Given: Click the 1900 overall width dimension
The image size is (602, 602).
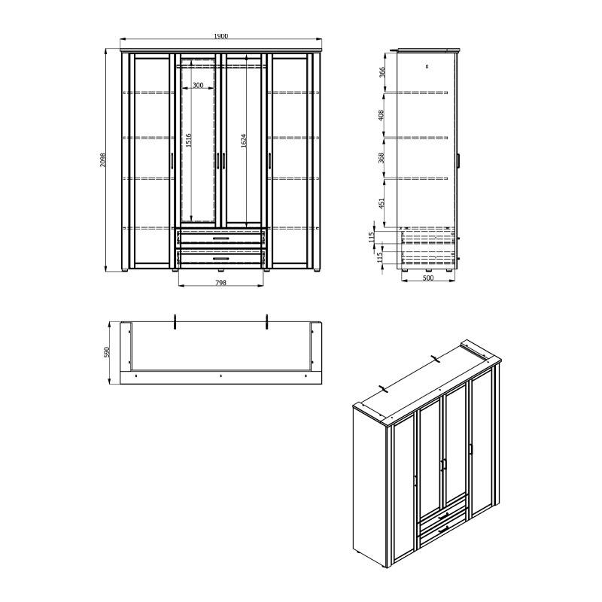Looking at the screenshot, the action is (221, 36).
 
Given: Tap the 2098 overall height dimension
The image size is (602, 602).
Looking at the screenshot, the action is (102, 160).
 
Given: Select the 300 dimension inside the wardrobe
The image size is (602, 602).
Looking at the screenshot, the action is (198, 85).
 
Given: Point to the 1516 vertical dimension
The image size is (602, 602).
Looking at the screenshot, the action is (189, 141).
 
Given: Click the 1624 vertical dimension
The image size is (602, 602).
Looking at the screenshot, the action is (243, 141).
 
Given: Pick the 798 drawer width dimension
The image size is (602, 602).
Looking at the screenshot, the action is (220, 283).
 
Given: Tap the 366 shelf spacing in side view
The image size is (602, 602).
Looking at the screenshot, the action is (382, 72).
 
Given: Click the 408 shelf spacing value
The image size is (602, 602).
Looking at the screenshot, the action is (382, 115).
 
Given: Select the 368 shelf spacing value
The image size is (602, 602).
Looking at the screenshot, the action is (382, 158).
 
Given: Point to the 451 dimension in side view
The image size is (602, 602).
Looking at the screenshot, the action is (382, 203).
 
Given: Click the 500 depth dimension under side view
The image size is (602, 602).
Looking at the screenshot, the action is (427, 278).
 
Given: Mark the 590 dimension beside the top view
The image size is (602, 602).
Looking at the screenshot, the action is (107, 352).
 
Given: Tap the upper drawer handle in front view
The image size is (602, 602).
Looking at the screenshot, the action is (220, 239).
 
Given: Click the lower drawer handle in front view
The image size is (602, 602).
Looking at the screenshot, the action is (220, 259).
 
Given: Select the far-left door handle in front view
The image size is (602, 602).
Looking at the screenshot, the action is (172, 161).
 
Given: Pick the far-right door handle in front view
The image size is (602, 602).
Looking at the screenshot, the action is (269, 161).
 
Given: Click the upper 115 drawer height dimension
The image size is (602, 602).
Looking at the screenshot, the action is (371, 237).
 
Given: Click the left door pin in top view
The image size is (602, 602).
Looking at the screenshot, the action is (175, 322).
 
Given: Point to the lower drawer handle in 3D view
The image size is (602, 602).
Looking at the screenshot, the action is (444, 530).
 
